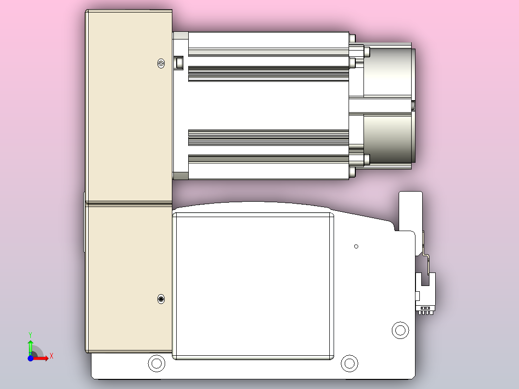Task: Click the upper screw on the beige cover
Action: [x=161, y=63]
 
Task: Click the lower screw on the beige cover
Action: [x=161, y=299]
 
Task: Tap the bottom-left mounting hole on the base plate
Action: [x=156, y=363]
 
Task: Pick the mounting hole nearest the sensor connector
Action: [x=400, y=330]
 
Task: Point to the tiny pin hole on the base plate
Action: [x=356, y=246]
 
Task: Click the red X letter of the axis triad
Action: [x=52, y=356]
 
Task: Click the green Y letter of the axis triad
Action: [x=30, y=334]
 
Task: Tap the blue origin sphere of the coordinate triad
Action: [x=30, y=358]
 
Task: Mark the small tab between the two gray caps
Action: [x=413, y=105]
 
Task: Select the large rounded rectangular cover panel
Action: [x=253, y=286]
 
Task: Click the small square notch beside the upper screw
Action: [x=179, y=62]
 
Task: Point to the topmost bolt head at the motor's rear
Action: [x=353, y=38]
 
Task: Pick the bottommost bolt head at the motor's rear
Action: [x=353, y=172]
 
